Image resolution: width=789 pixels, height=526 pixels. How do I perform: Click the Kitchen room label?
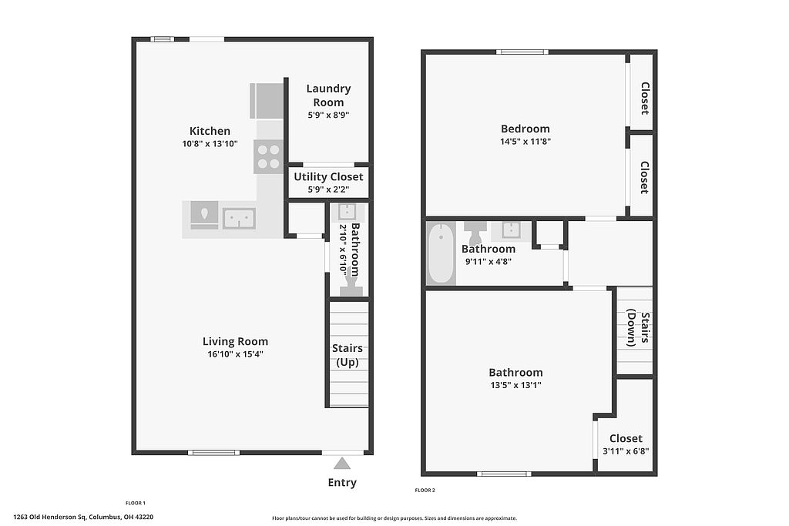[210, 131]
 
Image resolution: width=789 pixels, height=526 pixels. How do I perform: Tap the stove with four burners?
[268, 156]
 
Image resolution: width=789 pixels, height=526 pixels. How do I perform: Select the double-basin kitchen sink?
[239, 219]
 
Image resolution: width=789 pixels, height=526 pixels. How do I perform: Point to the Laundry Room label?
[328, 95]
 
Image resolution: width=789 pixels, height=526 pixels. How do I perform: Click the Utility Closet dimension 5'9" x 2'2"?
[328, 189]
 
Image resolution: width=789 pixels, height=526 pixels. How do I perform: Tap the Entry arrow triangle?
[342, 463]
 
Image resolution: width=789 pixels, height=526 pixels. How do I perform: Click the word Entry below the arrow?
[342, 483]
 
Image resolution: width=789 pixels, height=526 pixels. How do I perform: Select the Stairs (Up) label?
[347, 355]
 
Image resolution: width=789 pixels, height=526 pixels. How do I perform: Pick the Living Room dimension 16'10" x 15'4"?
[236, 354]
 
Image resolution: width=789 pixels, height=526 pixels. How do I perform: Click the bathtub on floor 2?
[442, 253]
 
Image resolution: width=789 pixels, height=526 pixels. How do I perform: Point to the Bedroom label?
[525, 129]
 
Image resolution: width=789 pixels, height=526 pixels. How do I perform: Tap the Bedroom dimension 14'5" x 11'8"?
[525, 142]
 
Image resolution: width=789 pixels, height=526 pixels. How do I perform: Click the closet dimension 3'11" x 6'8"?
[626, 451]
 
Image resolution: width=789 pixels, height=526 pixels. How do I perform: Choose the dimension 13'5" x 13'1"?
[515, 385]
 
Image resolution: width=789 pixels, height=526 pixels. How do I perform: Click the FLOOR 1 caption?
[136, 503]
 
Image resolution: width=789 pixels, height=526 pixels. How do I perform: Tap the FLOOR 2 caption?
[425, 491]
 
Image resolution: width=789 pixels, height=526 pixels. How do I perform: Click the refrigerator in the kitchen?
[267, 101]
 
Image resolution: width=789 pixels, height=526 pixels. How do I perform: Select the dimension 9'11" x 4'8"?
[489, 262]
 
